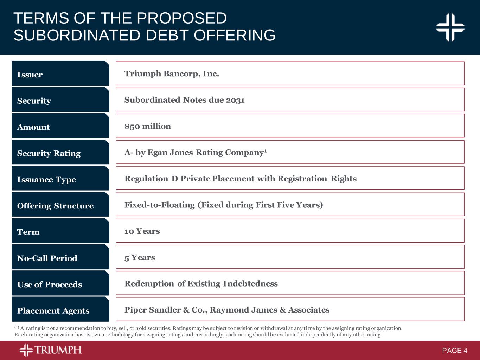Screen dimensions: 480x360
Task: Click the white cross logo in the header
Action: coord(450,27)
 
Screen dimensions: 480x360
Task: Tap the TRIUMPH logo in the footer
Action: coord(50,350)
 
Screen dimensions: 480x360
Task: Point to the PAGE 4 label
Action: coord(455,351)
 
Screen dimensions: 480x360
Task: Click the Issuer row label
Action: coord(30,75)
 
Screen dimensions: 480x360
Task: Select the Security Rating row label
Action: coord(49,153)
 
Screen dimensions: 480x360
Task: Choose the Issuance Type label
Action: coord(46,180)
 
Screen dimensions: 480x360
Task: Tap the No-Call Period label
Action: coord(47,258)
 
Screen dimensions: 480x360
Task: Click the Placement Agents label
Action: coord(53,311)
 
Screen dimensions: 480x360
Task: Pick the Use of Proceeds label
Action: coord(50,284)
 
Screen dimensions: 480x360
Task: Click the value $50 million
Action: coord(148,126)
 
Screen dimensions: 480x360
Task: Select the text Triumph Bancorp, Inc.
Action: coord(172,74)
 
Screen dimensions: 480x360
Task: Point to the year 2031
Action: coord(235,100)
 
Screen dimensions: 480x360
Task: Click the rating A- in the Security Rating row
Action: coord(129,152)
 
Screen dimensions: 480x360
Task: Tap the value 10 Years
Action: coord(142,231)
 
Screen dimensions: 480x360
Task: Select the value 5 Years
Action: coord(140,257)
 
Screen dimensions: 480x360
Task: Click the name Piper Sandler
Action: coord(153,310)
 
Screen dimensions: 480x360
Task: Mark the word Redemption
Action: coord(149,284)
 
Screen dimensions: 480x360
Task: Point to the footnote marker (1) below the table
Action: coord(17,327)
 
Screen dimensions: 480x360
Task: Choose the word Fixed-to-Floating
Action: coord(160,205)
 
